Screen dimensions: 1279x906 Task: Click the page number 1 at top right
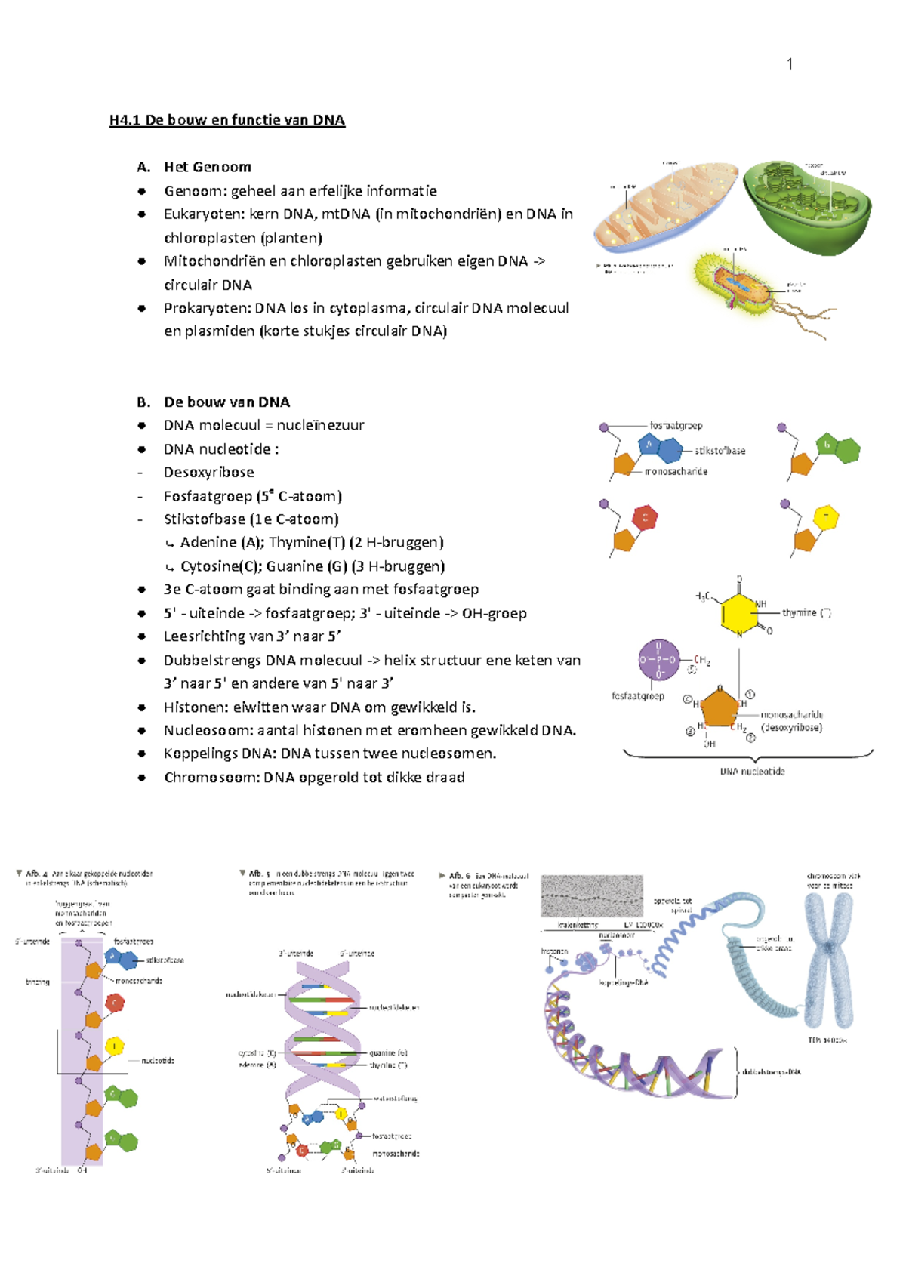(790, 65)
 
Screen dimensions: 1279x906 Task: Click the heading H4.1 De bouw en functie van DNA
(226, 120)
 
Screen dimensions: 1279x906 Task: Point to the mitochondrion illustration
(664, 205)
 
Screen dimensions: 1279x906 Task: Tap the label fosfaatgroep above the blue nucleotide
(676, 426)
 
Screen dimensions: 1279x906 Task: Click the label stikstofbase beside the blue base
(720, 451)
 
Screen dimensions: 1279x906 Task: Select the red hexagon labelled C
(645, 518)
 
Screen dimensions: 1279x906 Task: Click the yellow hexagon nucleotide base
(826, 517)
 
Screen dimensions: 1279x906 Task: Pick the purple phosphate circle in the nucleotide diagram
(658, 659)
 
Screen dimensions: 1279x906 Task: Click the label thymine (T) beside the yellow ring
(806, 612)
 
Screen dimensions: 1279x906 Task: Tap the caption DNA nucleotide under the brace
(752, 772)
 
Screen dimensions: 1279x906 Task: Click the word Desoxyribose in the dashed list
(208, 473)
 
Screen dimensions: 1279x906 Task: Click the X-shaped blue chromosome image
(828, 959)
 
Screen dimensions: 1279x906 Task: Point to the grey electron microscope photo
(592, 896)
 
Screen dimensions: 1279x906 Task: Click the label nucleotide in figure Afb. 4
(158, 1061)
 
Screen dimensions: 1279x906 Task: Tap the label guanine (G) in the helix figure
(388, 1052)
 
